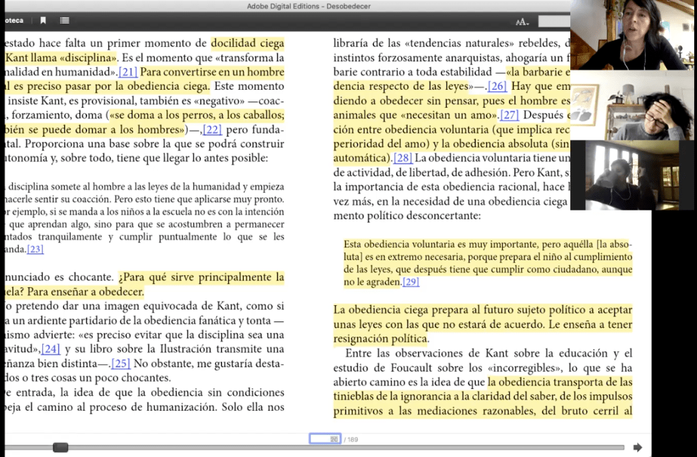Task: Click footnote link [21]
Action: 128,72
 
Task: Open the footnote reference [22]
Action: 213,129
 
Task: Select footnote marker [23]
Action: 35,249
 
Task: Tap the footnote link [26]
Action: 498,86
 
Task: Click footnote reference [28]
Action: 404,158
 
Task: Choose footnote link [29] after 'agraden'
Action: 411,282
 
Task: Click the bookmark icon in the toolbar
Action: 44,21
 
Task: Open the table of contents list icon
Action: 64,21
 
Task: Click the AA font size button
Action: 522,22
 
